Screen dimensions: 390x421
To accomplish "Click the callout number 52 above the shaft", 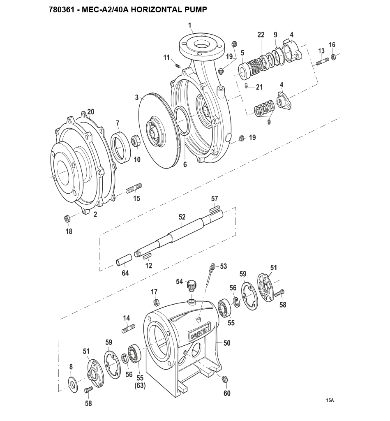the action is pyautogui.click(x=182, y=217).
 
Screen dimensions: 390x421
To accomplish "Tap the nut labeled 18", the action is pyautogui.click(x=67, y=219).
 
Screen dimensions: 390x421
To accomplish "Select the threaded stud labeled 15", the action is pyautogui.click(x=134, y=188).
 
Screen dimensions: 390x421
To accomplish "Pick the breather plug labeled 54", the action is pyautogui.click(x=192, y=285).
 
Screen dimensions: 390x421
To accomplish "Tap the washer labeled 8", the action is pyautogui.click(x=72, y=384).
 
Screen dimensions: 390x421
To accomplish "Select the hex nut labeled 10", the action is pyautogui.click(x=135, y=141).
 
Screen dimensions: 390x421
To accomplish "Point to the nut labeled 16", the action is pyautogui.click(x=333, y=57).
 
